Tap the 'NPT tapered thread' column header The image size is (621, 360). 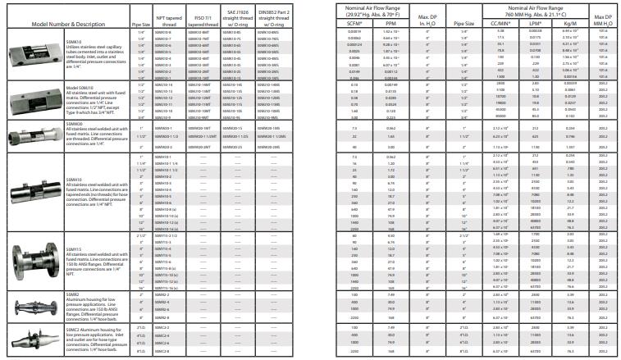162,19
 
